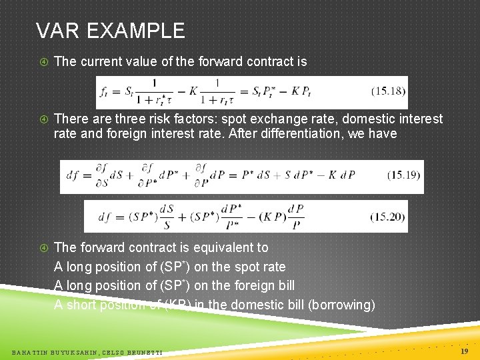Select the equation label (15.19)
(x=403, y=176)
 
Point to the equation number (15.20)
(x=388, y=217)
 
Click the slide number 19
(x=465, y=351)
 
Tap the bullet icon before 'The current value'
(x=44, y=62)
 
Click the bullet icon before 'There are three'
(x=44, y=119)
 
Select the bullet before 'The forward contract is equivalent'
(x=44, y=248)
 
